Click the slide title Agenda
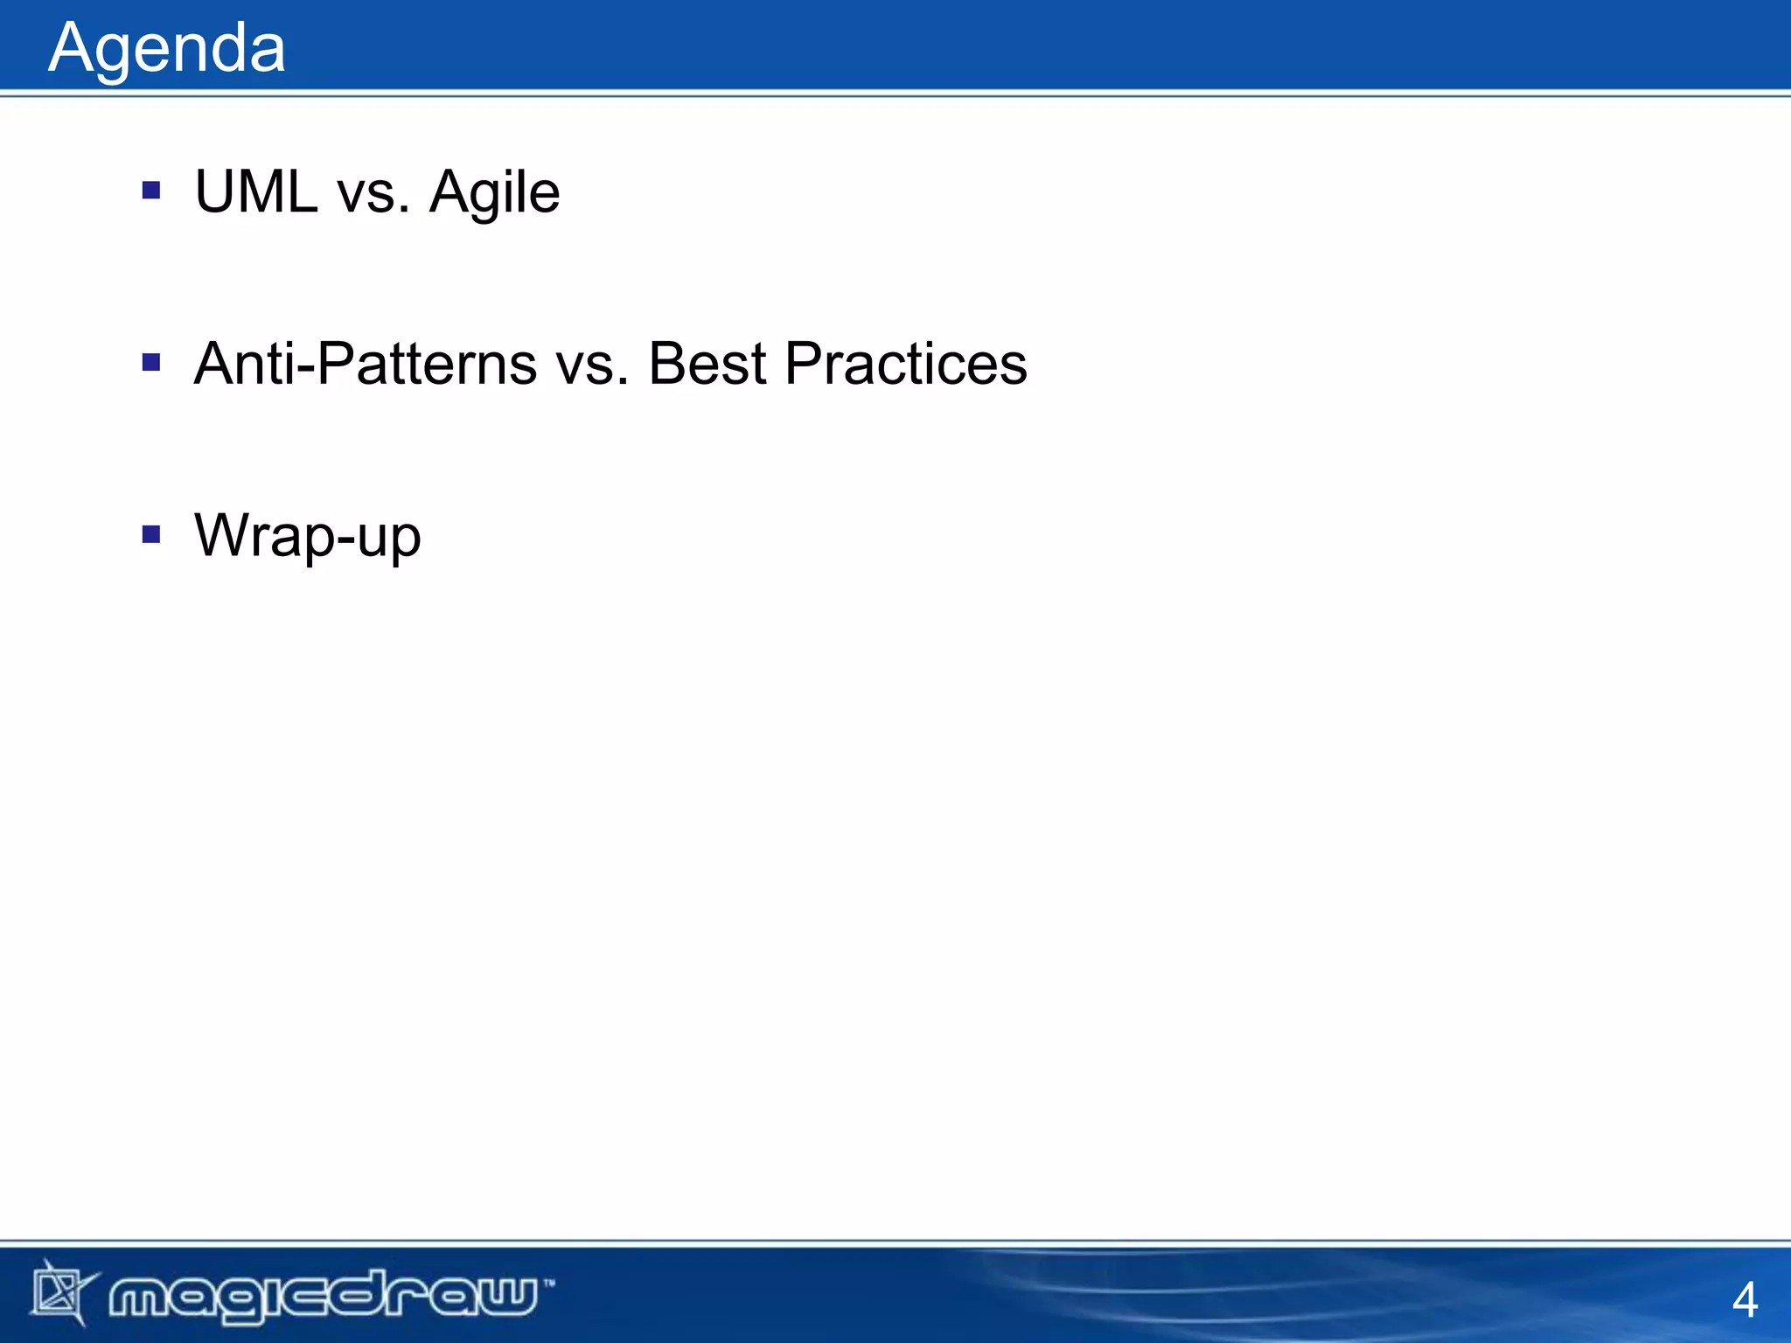[166, 49]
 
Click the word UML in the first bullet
[255, 191]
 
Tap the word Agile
[494, 193]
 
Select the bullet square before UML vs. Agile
[151, 190]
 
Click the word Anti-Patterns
[365, 364]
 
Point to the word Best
[707, 364]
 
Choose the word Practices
[905, 364]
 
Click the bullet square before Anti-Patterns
[151, 362]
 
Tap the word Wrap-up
[307, 536]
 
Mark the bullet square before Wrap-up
[151, 533]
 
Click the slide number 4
[1745, 1300]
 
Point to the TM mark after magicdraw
[548, 1284]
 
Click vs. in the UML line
[373, 193]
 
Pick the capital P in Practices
[804, 364]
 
